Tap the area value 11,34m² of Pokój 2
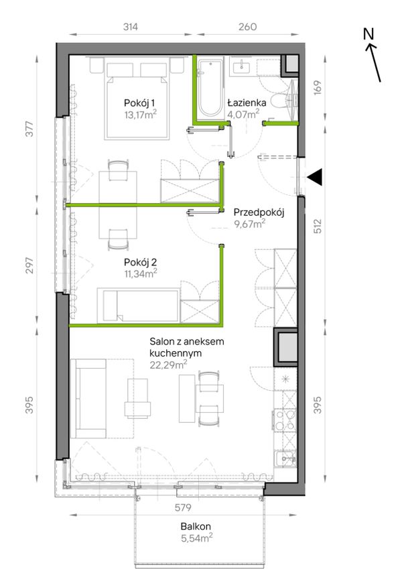coord(141,273)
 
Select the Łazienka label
coord(247,103)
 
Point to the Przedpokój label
coord(259,212)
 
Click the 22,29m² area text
coord(168,365)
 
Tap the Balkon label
coord(196,526)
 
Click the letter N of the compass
coord(368,34)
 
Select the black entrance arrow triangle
coord(314,177)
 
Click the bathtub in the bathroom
coord(210,88)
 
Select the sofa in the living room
coord(90,399)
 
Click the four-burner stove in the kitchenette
coord(285,420)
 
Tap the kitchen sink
coord(285,458)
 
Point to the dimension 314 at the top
coord(130,27)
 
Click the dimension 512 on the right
coord(318,226)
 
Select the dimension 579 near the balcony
coord(183,507)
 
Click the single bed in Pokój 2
coord(138,305)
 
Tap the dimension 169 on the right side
coord(318,87)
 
